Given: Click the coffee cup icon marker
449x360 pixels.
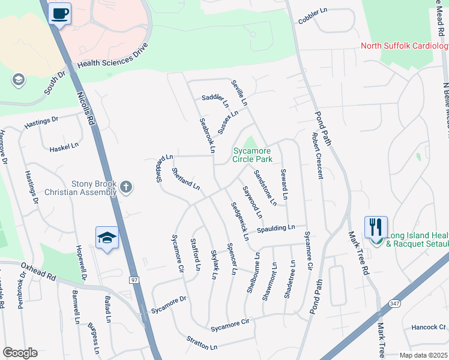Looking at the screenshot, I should (59, 13).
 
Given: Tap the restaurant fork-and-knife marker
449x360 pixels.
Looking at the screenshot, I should (376, 227).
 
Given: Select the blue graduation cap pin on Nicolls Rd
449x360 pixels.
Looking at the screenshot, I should (106, 238).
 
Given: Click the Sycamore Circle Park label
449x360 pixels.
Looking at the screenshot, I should (253, 155).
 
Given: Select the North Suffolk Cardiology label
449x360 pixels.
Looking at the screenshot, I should (405, 46).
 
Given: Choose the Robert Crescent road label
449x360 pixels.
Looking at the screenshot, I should (316, 156).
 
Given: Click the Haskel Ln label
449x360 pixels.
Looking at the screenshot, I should (64, 146).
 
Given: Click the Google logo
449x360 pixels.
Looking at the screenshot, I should (20, 353).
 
